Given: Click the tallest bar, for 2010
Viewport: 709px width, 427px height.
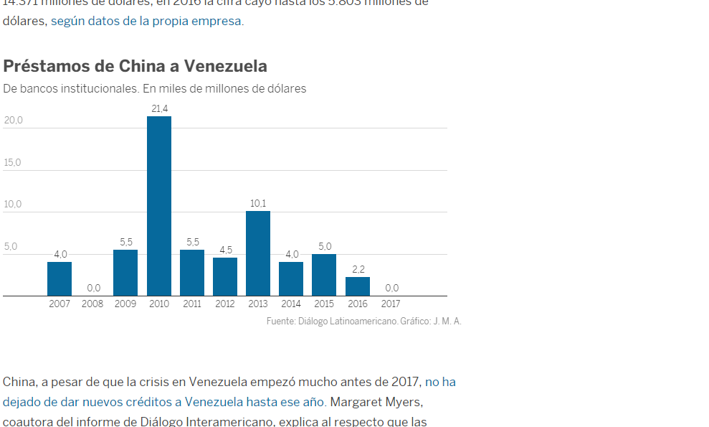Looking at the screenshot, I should tap(159, 206).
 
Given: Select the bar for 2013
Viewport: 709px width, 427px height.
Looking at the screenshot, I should tap(258, 253).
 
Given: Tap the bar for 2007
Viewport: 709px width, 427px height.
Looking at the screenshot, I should tap(60, 278).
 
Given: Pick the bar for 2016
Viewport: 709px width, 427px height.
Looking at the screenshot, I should tap(358, 286).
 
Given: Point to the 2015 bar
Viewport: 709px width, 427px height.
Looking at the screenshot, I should tap(324, 275).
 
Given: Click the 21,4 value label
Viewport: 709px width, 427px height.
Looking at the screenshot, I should tap(159, 108).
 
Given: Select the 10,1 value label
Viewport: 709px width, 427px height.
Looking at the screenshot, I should tap(258, 203).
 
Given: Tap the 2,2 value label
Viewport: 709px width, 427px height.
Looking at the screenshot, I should tap(358, 269).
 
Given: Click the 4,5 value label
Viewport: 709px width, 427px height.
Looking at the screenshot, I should tap(225, 250).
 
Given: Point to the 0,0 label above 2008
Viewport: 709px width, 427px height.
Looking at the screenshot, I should tap(93, 288).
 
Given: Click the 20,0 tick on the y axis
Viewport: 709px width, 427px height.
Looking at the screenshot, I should tap(13, 121).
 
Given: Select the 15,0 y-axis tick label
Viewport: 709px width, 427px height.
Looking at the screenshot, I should tap(13, 163).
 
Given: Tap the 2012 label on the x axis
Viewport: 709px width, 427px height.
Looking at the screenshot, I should tap(225, 304).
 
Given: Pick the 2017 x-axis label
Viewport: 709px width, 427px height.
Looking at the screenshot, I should tap(391, 304).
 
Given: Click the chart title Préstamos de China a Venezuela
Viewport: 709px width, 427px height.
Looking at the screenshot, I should tap(135, 66).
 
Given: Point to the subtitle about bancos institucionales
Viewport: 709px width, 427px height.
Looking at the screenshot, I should tap(154, 89).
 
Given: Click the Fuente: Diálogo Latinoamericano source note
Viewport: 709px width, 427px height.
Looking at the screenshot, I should tap(363, 321).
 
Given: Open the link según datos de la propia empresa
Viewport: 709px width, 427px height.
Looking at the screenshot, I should tap(146, 21).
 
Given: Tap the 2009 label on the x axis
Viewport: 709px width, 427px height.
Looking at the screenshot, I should tap(125, 304).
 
